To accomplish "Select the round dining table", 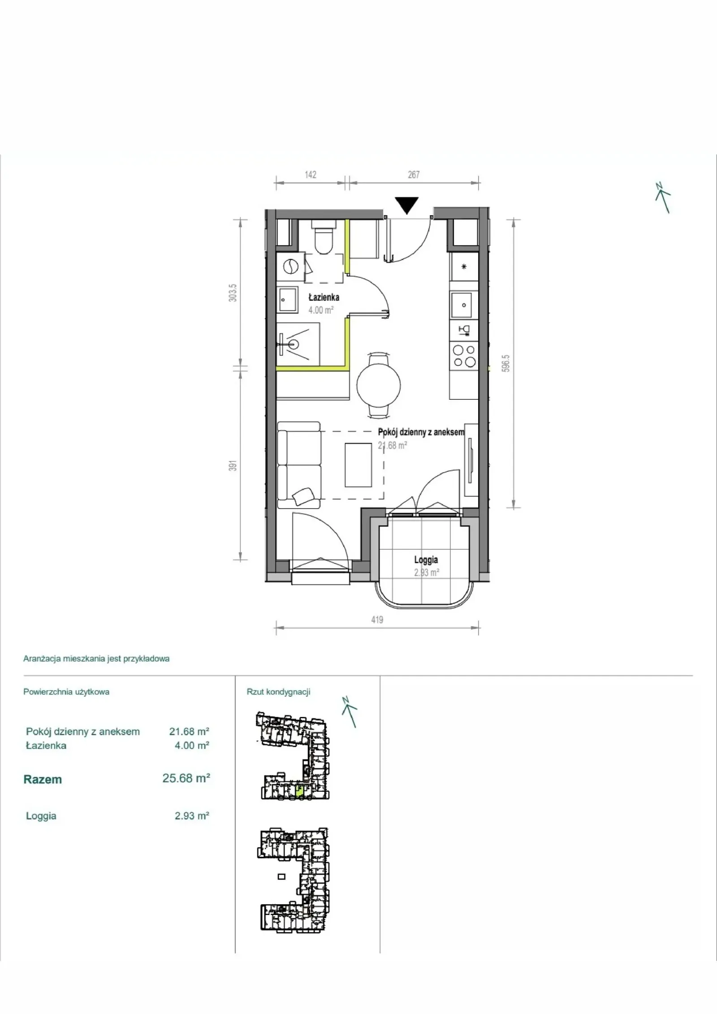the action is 379,385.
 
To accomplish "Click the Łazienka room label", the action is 324,298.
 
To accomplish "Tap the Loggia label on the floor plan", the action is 426,560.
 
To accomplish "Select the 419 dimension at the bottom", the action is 377,620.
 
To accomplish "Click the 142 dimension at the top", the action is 311,174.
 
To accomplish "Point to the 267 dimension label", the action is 414,174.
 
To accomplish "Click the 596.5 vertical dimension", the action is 506,364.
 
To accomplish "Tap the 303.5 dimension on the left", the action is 233,293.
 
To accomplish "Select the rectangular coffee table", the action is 358,464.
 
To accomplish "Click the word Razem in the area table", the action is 43,780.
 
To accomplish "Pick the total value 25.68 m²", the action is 186,778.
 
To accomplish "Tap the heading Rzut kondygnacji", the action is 278,692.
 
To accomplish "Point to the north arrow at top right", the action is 663,198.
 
